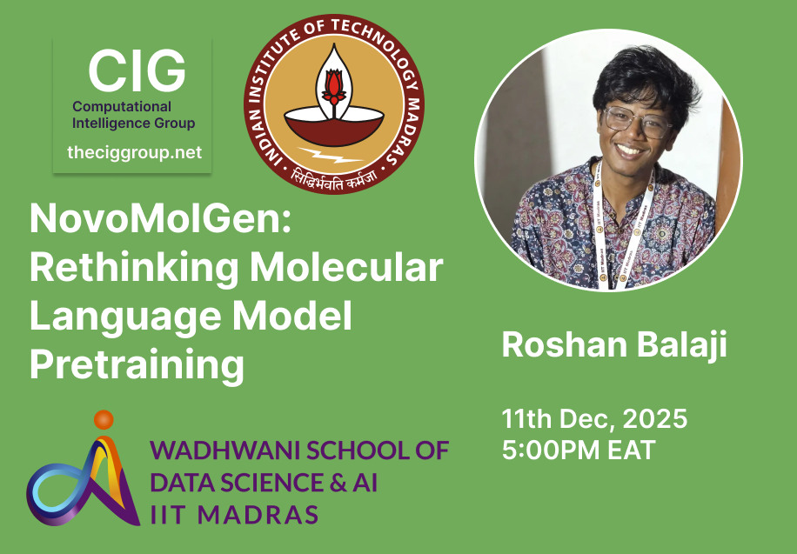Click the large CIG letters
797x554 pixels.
tap(137, 71)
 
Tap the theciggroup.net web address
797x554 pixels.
tap(134, 152)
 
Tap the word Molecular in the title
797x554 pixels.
tap(350, 268)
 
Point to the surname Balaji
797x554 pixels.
tap(680, 344)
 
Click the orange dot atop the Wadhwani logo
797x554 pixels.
tap(104, 419)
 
